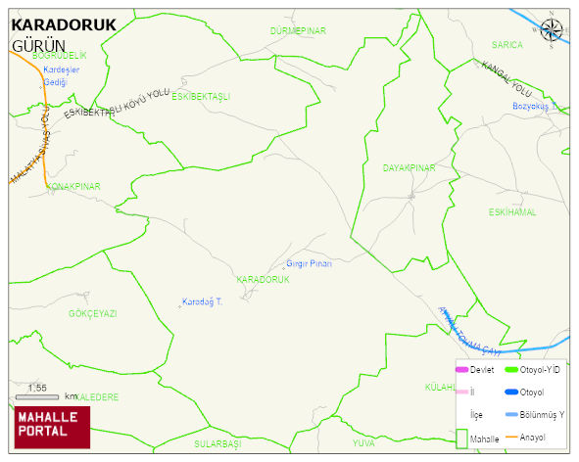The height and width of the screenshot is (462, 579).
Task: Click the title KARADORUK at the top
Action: [x=63, y=25]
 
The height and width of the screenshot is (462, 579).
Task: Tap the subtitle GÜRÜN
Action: [x=38, y=46]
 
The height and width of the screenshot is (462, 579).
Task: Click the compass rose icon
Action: [x=552, y=31]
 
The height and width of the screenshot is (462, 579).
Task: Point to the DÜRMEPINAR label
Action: [x=298, y=31]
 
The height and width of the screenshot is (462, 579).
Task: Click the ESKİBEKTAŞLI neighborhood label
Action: [x=200, y=97]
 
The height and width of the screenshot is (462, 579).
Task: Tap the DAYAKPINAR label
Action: [x=409, y=168]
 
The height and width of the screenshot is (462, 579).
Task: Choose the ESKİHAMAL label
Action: [x=512, y=212]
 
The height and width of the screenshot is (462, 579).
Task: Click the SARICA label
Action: [x=507, y=45]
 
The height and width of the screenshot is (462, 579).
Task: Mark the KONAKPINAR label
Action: [x=73, y=186]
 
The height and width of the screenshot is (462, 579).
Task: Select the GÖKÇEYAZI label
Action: [x=93, y=313]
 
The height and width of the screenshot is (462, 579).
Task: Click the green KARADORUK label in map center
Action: [x=264, y=280]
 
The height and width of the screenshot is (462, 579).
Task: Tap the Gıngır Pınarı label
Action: [x=310, y=264]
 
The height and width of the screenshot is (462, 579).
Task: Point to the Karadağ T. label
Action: [x=203, y=301]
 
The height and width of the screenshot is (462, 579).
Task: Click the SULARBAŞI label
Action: [x=217, y=443]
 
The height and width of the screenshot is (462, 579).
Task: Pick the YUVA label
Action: [x=362, y=443]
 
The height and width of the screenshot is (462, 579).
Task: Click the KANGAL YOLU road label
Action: [x=506, y=78]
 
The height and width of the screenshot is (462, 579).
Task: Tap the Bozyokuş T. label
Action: [x=533, y=106]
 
